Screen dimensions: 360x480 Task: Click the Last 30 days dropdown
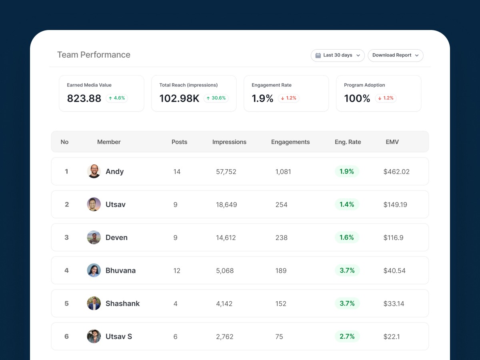[338, 55]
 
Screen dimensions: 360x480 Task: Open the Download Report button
[395, 55]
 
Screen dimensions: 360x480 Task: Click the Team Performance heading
[94, 55]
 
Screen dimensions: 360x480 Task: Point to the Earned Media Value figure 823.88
[84, 98]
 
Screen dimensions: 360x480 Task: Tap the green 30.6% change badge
[216, 98]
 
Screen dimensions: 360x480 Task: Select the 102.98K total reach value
[179, 98]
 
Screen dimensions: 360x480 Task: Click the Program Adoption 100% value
[357, 98]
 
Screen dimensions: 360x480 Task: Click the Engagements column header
[290, 142]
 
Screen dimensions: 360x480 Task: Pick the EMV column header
[392, 142]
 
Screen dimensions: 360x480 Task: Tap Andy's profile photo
[94, 171]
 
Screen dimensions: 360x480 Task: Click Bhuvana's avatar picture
[94, 270]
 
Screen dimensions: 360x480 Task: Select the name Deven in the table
[116, 238]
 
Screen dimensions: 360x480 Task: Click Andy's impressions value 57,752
[226, 172]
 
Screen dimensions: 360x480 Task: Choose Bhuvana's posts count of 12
[177, 271]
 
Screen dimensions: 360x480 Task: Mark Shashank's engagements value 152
[281, 304]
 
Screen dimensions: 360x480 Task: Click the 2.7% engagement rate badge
[347, 336]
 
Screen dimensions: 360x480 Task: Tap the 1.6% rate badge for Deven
[347, 238]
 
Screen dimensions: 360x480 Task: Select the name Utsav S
[119, 336]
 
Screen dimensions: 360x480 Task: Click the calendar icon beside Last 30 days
[318, 55]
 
